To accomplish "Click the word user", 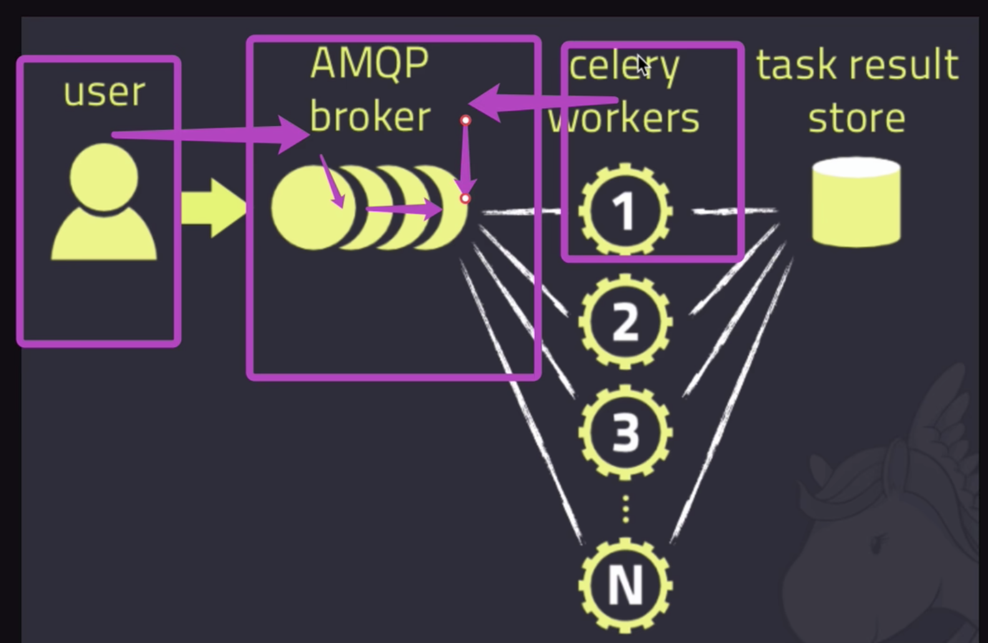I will [104, 92].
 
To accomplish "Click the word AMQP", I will [369, 63].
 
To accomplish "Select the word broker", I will [370, 117].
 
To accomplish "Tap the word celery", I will [624, 66].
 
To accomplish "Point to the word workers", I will [624, 118].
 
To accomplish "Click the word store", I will [856, 118].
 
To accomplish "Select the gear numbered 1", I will [625, 210].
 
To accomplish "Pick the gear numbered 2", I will [625, 322].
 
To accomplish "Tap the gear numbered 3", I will [625, 432].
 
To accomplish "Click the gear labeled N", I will [625, 585].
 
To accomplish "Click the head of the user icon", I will [104, 177].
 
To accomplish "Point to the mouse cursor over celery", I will [642, 64].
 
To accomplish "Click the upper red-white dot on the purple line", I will [465, 120].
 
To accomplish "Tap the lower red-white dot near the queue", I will [465, 199].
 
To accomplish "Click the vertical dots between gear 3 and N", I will [626, 509].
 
